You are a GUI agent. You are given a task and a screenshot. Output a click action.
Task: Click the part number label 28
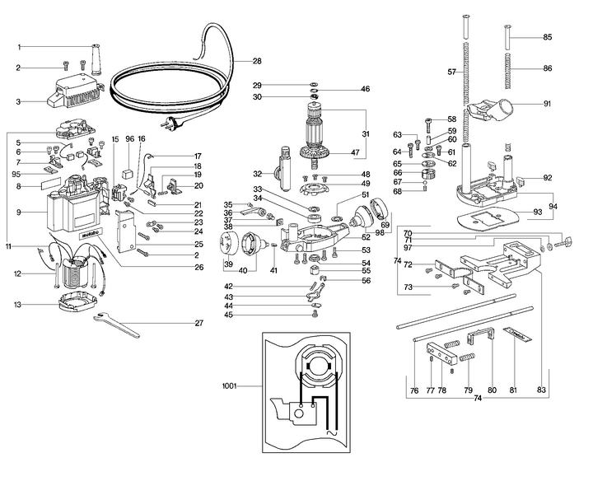tap(257, 62)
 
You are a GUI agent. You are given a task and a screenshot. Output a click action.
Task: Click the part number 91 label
tap(547, 104)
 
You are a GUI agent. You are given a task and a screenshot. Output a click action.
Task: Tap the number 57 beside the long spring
tap(451, 72)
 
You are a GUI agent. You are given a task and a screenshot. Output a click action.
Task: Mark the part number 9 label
tap(21, 212)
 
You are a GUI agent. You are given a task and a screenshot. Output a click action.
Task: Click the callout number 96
tap(129, 139)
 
